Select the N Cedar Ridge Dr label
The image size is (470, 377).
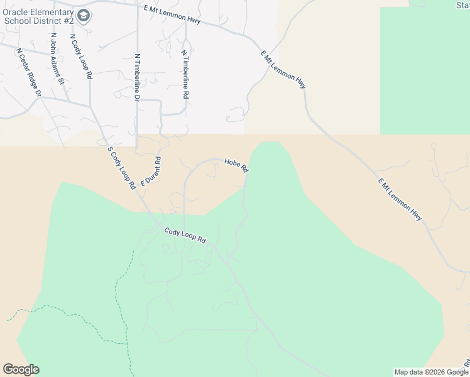[x=29, y=73]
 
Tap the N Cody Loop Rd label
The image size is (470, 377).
[x=81, y=57]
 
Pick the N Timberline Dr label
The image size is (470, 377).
[x=137, y=77]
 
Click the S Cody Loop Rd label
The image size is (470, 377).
[x=122, y=168]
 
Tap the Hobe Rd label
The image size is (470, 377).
[x=236, y=166]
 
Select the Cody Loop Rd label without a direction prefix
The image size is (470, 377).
[x=185, y=236]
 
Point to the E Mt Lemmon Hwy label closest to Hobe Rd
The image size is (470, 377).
[x=283, y=69]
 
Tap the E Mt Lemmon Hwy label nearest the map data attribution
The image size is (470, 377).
[x=400, y=199]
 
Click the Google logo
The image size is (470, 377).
[x=21, y=369]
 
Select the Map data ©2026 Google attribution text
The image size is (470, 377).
[x=431, y=372]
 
